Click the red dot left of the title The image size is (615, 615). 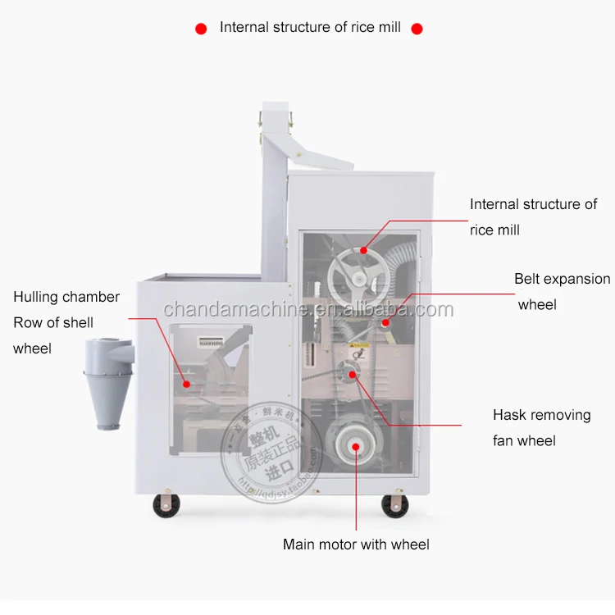click(201, 29)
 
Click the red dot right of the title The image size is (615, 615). click(417, 29)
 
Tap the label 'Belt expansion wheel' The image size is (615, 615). click(562, 291)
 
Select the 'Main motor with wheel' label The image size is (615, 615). click(356, 544)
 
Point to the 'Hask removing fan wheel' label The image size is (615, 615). click(541, 427)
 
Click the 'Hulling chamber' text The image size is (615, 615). click(66, 297)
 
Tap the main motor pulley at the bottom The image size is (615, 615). click(353, 445)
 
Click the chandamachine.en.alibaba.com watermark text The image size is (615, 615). click(307, 310)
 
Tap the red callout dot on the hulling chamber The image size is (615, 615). click(187, 383)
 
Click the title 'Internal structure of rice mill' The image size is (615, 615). click(310, 27)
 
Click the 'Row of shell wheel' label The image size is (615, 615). click(53, 335)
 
